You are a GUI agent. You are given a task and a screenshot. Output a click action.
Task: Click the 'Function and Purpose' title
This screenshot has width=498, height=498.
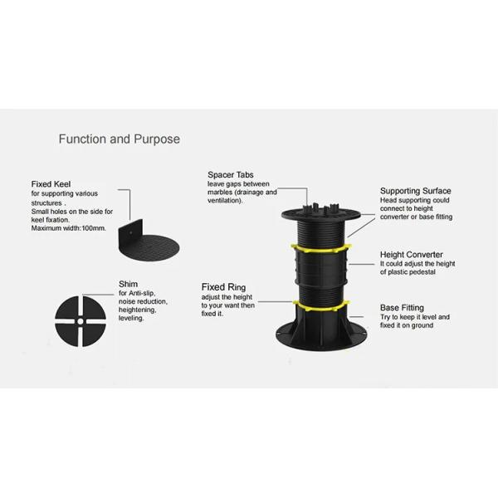119,139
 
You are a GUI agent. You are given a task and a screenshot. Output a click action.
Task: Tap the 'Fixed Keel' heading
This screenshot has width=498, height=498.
51,184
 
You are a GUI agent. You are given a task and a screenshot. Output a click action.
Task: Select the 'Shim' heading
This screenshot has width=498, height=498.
129,284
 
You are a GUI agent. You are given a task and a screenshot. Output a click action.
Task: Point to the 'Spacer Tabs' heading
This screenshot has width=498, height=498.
231,175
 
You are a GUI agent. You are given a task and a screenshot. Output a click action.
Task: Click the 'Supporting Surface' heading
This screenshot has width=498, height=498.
416,191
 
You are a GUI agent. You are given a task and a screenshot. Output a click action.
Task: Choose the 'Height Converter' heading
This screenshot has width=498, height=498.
412,255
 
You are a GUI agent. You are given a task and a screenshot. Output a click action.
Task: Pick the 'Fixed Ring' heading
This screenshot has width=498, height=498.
223,287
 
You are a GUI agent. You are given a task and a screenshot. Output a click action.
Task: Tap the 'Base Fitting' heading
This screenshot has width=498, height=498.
402,308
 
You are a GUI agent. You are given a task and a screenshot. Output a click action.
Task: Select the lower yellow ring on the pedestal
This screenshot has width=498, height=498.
321,305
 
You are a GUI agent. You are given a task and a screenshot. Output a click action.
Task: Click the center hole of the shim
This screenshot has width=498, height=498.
81,321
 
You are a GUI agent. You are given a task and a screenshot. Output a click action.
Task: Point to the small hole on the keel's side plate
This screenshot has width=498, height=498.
131,232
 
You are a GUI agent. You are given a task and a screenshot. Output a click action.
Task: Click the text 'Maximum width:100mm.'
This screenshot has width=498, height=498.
69,228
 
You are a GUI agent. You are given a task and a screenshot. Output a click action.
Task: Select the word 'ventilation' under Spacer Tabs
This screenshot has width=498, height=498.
223,201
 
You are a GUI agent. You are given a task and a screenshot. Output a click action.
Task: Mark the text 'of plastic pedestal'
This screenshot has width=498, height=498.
408,272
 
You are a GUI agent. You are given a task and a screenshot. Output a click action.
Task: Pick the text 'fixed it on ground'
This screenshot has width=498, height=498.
407,325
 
